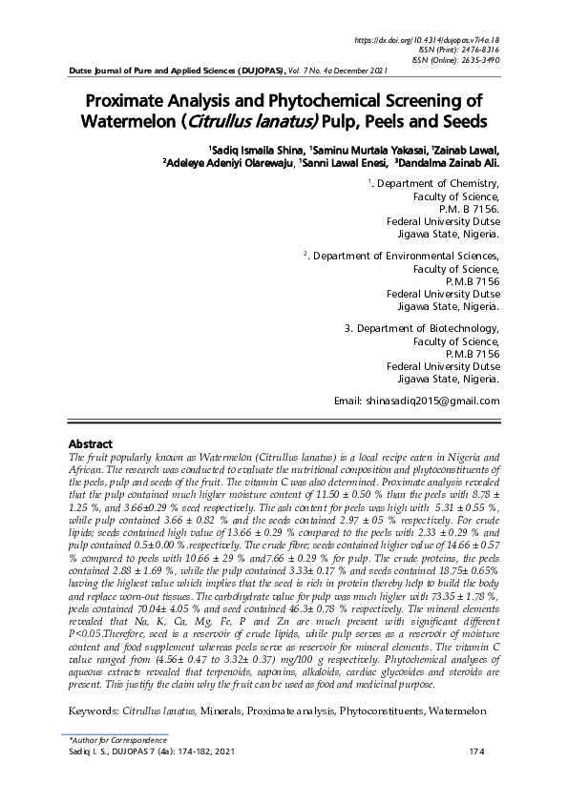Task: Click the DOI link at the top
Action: pyautogui.click(x=427, y=41)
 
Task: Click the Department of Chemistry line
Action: pyautogui.click(x=435, y=182)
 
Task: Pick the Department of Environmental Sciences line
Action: pyautogui.click(x=405, y=256)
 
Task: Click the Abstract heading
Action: pyautogui.click(x=91, y=444)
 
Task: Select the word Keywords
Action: pyautogui.click(x=94, y=711)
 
